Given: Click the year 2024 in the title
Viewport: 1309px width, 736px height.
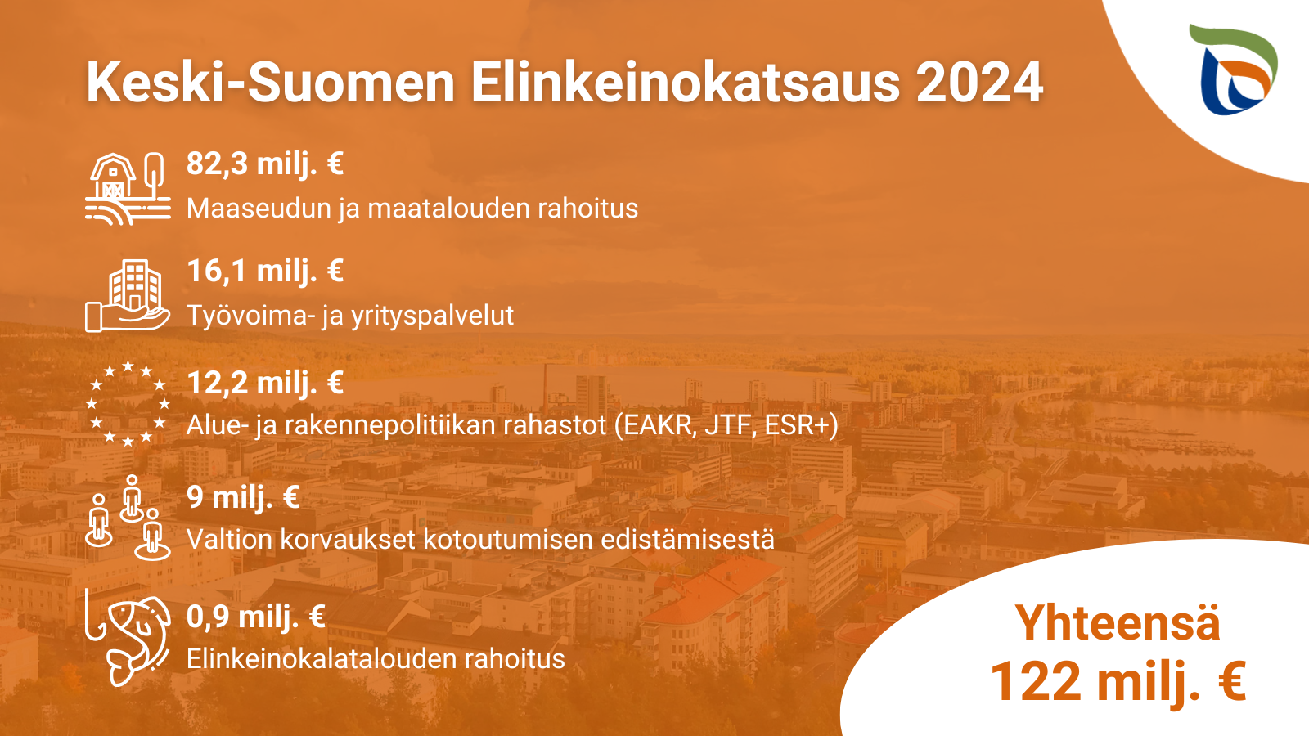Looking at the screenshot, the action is (979, 83).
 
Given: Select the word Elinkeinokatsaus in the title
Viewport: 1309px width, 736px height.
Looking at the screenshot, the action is (686, 83).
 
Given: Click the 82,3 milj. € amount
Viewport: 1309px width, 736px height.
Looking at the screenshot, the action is (265, 164).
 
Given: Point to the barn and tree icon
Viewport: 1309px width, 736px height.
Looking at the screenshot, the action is (128, 189).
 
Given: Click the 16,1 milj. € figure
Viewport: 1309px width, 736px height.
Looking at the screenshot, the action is (265, 272).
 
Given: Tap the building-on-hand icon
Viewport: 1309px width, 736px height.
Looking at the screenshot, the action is (128, 295).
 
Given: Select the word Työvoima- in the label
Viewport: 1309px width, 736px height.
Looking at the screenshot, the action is (250, 316).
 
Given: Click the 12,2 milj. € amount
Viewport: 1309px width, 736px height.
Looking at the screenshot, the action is (265, 384).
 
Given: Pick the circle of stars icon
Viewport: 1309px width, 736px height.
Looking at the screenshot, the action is (128, 403).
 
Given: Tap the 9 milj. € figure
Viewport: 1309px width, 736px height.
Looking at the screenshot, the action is (243, 498).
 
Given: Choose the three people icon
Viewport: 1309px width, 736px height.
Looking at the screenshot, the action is (128, 518).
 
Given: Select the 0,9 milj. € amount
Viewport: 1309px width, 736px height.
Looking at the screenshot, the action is (256, 617).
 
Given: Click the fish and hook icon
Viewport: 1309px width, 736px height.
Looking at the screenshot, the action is (128, 637).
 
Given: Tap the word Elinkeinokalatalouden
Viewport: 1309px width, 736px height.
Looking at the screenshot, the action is (322, 659).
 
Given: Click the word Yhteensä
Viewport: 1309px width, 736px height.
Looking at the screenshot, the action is (1118, 622).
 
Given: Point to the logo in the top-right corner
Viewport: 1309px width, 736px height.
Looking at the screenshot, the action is (1233, 70).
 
